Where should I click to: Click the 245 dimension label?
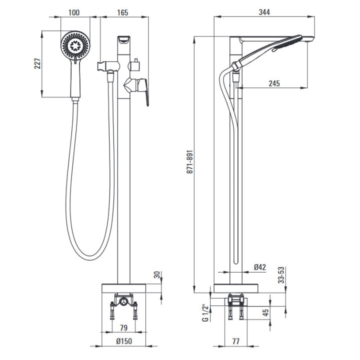[274, 83]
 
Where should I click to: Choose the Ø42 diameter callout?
[259, 267]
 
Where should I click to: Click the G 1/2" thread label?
[204, 312]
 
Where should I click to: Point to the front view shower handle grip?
[75, 80]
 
